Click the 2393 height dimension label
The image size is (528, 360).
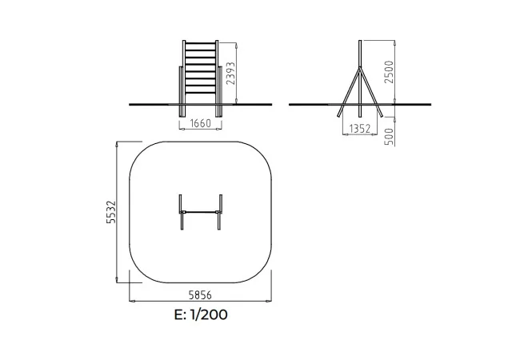tap(230, 73)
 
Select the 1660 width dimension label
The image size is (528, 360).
tap(201, 123)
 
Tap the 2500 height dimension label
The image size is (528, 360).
tap(389, 72)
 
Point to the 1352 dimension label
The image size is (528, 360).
tap(360, 129)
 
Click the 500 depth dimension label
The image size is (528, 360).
tap(389, 136)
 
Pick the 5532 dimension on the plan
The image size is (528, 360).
tap(110, 212)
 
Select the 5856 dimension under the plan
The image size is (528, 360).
tap(200, 295)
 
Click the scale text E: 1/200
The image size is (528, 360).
tap(201, 314)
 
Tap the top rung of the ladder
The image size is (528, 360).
tap(200, 43)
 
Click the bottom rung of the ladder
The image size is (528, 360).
tap(200, 92)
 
